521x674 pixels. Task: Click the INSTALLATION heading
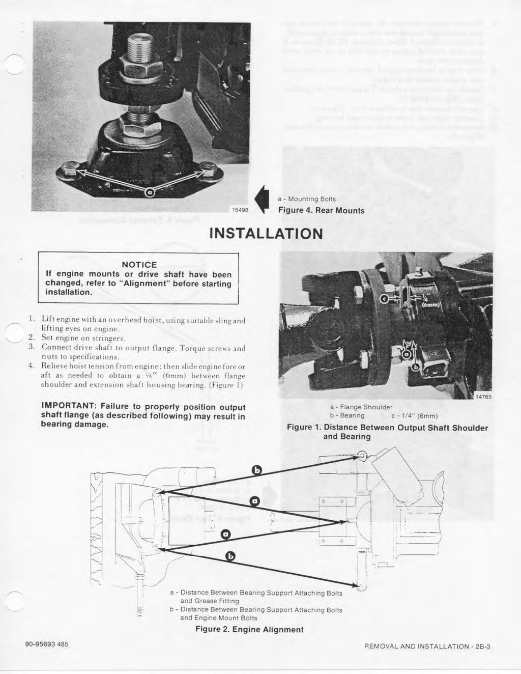pos(266,233)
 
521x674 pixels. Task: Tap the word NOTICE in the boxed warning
pos(139,265)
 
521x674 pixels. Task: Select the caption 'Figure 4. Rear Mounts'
pos(321,211)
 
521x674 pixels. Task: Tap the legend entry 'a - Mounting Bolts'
pos(306,199)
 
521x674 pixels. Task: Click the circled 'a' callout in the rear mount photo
pos(149,192)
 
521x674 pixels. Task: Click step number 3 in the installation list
pos(31,348)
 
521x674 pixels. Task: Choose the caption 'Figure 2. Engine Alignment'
pos(249,629)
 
